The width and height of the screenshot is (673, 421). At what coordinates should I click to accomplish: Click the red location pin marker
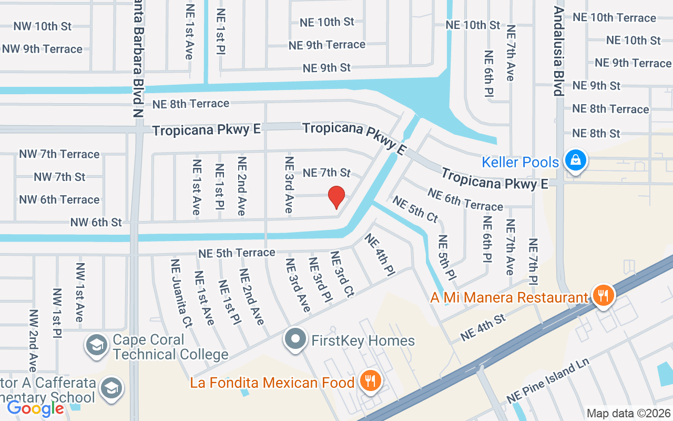point(336,198)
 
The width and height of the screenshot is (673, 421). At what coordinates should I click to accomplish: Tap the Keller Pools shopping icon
point(575,160)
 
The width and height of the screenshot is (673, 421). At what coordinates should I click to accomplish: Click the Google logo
point(35,408)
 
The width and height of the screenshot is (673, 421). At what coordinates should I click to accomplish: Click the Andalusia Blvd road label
point(559,51)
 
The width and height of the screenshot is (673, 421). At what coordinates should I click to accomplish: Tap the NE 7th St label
point(327,173)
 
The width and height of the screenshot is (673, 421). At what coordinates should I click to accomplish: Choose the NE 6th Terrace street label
point(465,199)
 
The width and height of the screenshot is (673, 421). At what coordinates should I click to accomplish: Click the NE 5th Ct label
point(415,209)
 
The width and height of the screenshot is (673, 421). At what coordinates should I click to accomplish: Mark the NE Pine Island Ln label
point(549,382)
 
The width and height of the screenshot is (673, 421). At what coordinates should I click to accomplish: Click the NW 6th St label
point(96,223)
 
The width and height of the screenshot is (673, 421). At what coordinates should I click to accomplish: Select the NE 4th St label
point(483,327)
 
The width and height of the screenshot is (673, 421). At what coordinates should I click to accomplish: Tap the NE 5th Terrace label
point(237,253)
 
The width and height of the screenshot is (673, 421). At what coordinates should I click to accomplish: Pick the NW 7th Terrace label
point(59,154)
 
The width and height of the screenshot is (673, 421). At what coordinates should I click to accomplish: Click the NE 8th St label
point(596,133)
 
